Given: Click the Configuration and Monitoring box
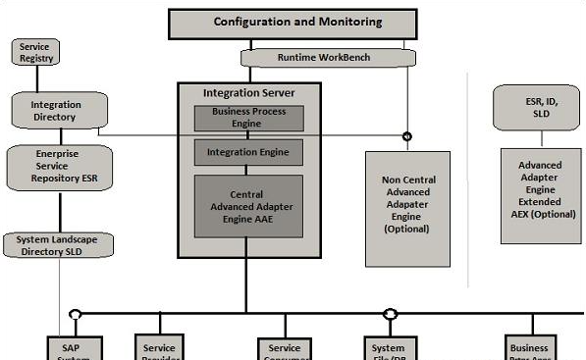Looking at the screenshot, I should point(298,22).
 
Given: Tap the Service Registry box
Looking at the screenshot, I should point(34,52).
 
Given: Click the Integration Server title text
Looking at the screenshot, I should point(248,93).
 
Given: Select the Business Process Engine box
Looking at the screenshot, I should point(248,119).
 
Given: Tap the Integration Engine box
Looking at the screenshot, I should point(248,153).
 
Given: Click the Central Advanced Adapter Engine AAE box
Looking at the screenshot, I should point(248,207).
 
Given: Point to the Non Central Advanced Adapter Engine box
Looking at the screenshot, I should point(407,208).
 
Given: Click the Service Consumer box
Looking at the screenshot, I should point(285,349).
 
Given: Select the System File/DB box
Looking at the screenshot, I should point(390,349).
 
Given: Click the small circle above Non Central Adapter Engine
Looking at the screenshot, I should point(406,135).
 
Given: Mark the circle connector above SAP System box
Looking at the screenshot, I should point(74,315).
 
